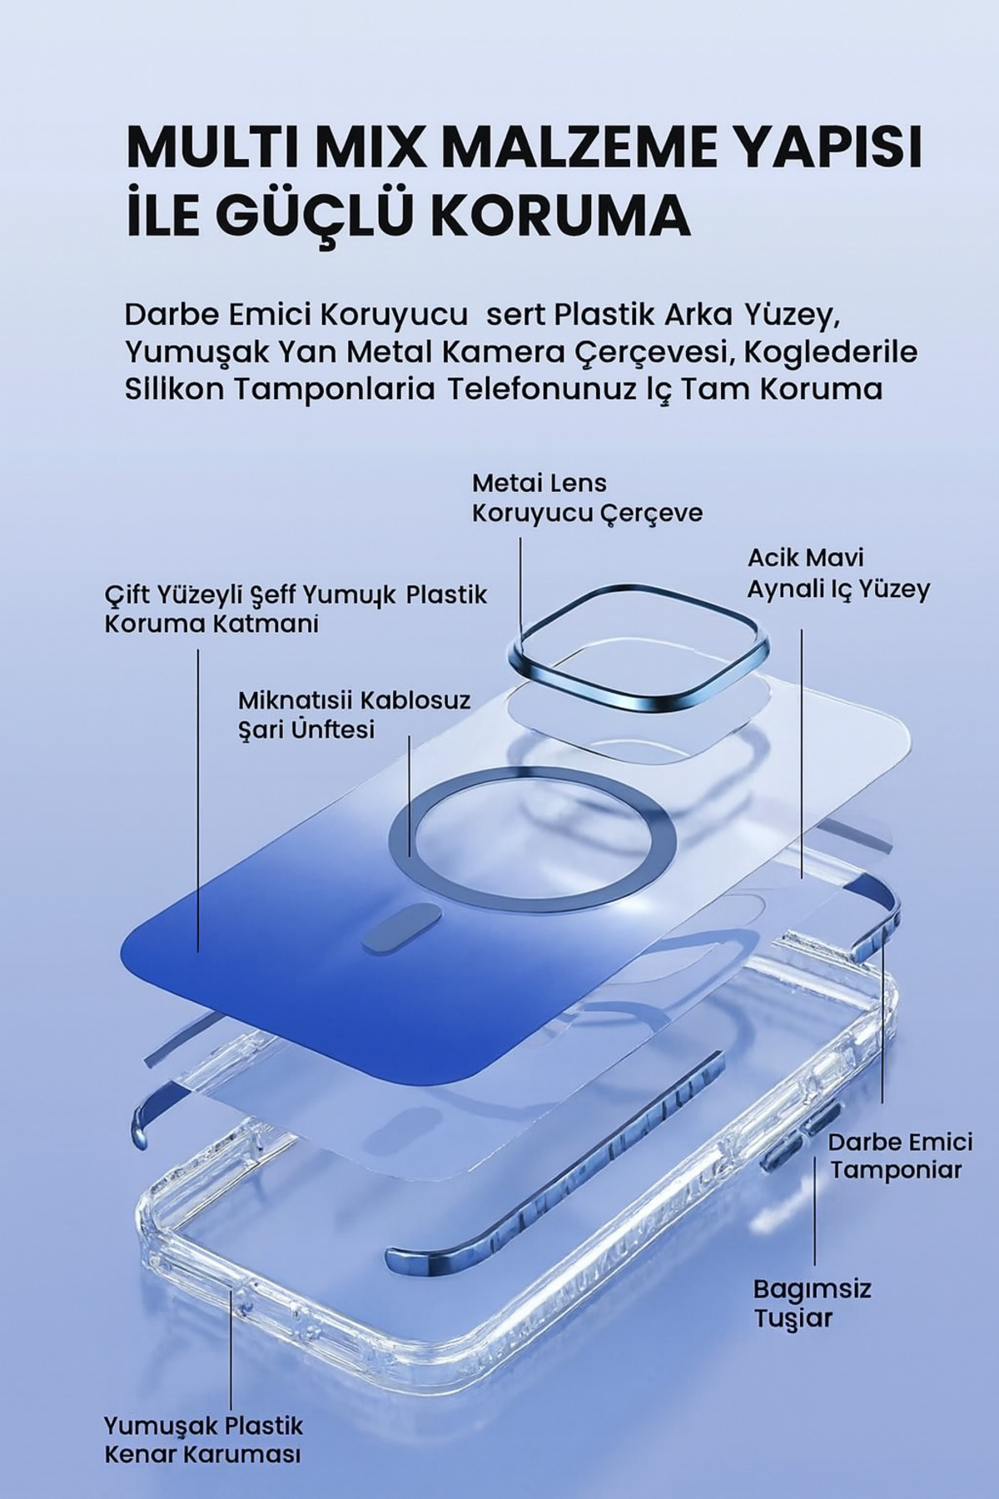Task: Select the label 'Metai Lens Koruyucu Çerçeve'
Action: (x=587, y=498)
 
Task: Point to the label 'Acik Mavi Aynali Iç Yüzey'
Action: (x=837, y=573)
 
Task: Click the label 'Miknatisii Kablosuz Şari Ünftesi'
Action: (x=354, y=714)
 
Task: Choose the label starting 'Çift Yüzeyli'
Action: (x=296, y=609)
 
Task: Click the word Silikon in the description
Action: (x=171, y=389)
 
